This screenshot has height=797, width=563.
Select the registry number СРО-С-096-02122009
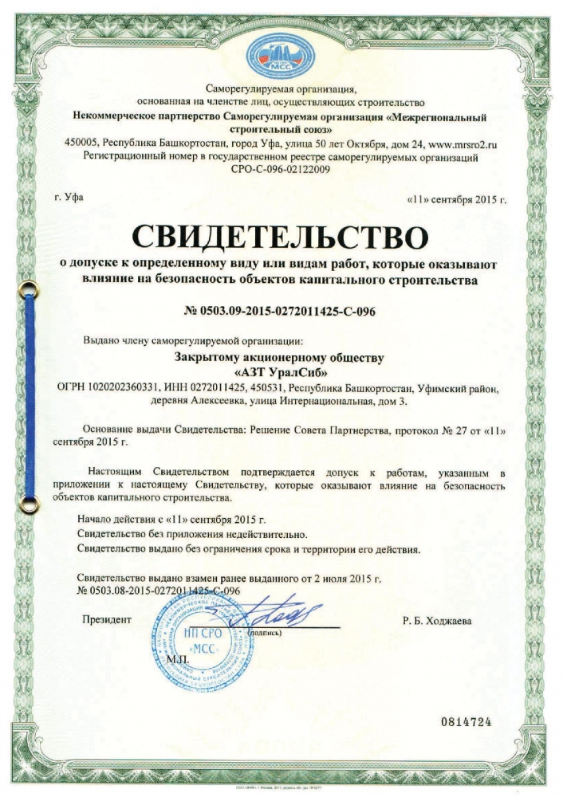tap(281, 170)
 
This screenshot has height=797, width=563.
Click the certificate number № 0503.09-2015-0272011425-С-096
tap(281, 311)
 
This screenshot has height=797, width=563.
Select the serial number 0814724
tap(467, 722)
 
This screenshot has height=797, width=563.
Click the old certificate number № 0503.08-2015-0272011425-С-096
tap(159, 591)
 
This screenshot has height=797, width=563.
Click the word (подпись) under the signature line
tap(266, 633)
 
